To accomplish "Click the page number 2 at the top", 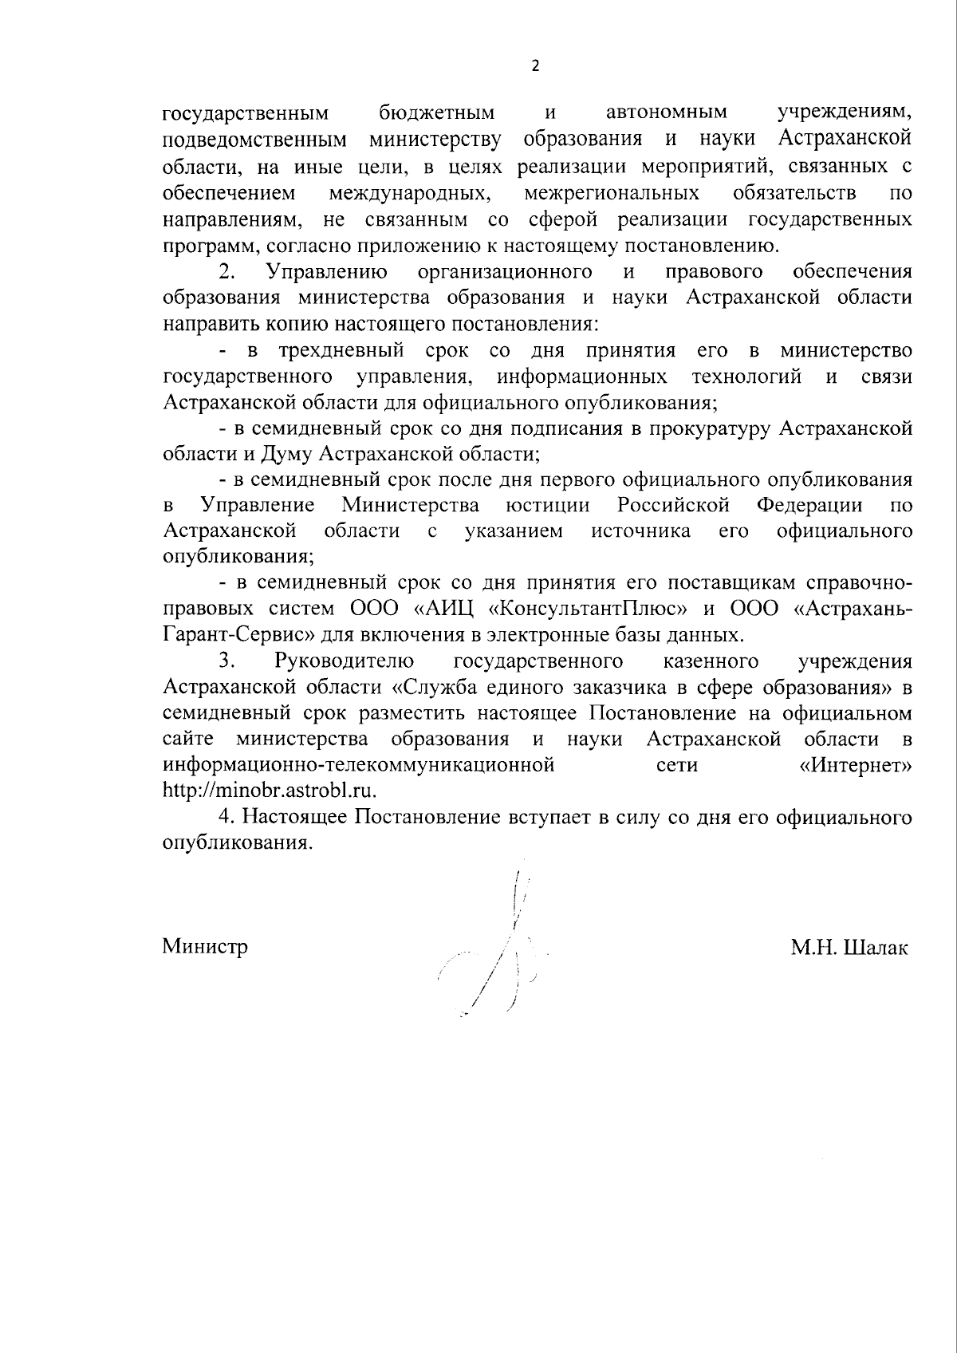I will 535,66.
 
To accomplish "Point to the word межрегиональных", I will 612,193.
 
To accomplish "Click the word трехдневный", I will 341,350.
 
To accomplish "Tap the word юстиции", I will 548,506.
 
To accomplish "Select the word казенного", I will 710,661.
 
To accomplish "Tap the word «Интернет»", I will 855,765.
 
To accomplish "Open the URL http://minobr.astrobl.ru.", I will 269,791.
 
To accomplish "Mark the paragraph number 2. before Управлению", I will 227,272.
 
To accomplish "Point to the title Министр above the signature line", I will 205,947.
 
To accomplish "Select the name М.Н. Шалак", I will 849,947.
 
